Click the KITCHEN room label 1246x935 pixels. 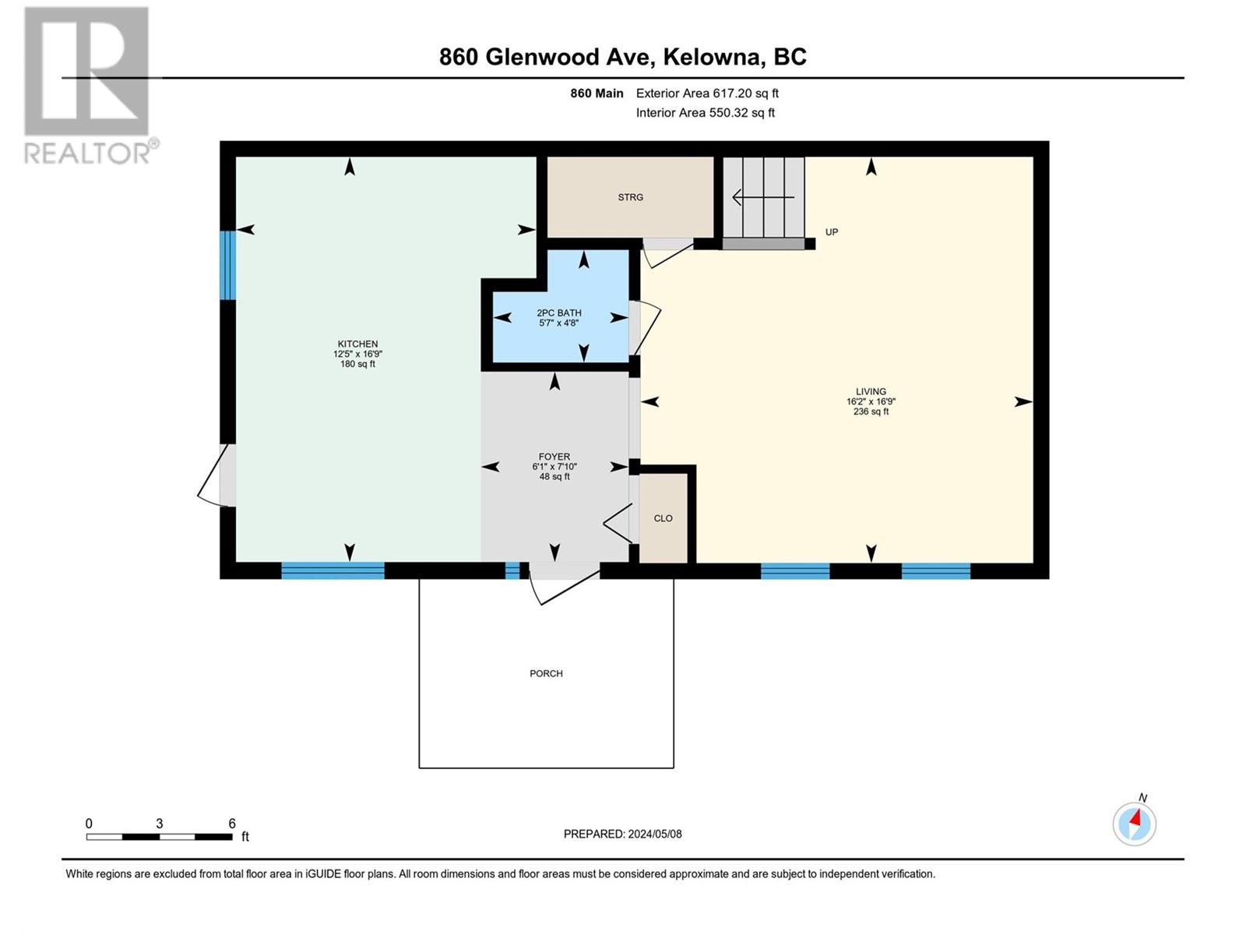(357, 344)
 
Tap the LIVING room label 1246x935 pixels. (871, 391)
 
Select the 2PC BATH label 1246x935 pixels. (559, 312)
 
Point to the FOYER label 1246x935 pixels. (554, 457)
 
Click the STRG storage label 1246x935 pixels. (631, 197)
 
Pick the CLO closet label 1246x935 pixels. (663, 518)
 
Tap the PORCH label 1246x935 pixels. (546, 673)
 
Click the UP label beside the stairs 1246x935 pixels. (832, 231)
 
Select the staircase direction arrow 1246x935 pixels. (763, 198)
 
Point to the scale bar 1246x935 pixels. (160, 837)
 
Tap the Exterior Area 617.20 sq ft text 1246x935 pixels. (707, 93)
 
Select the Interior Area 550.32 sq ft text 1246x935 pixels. (705, 112)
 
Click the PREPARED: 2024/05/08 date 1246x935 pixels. (623, 834)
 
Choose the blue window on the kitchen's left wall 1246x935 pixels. (227, 265)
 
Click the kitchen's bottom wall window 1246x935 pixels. (333, 570)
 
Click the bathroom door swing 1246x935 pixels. (646, 328)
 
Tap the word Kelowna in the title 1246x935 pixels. (712, 57)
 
